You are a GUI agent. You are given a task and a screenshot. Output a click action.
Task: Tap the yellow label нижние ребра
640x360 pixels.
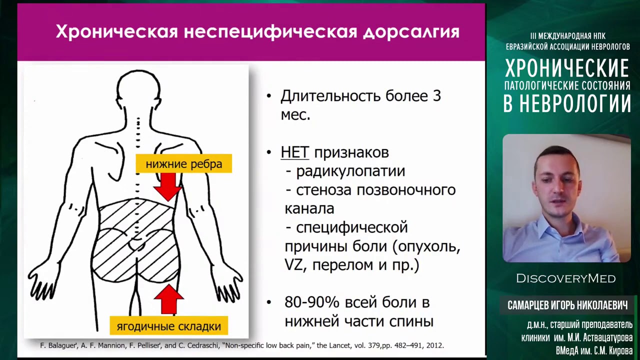[x=183, y=163]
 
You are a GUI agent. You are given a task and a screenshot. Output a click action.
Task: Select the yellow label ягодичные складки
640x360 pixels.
[x=168, y=326]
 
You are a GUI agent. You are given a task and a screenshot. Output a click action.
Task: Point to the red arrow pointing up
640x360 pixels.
[x=168, y=299]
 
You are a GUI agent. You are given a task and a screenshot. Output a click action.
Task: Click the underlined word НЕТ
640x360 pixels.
[x=295, y=152]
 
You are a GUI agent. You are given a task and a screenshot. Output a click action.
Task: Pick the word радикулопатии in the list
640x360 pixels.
[x=350, y=171]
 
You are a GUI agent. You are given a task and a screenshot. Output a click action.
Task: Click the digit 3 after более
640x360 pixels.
[x=436, y=96]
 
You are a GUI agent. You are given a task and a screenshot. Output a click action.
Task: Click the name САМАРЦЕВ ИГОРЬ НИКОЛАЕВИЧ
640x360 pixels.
[x=567, y=305]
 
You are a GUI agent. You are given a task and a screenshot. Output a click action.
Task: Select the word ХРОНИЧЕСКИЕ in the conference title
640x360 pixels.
[x=567, y=68]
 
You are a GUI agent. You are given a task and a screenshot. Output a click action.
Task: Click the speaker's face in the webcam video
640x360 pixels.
[x=557, y=185]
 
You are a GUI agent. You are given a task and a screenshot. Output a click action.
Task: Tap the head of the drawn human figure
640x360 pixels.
[x=138, y=90]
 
